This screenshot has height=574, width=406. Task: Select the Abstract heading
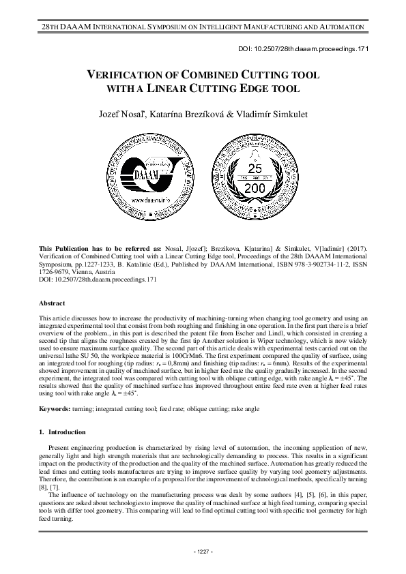point(53,303)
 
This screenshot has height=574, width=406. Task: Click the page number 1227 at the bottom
point(203,551)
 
